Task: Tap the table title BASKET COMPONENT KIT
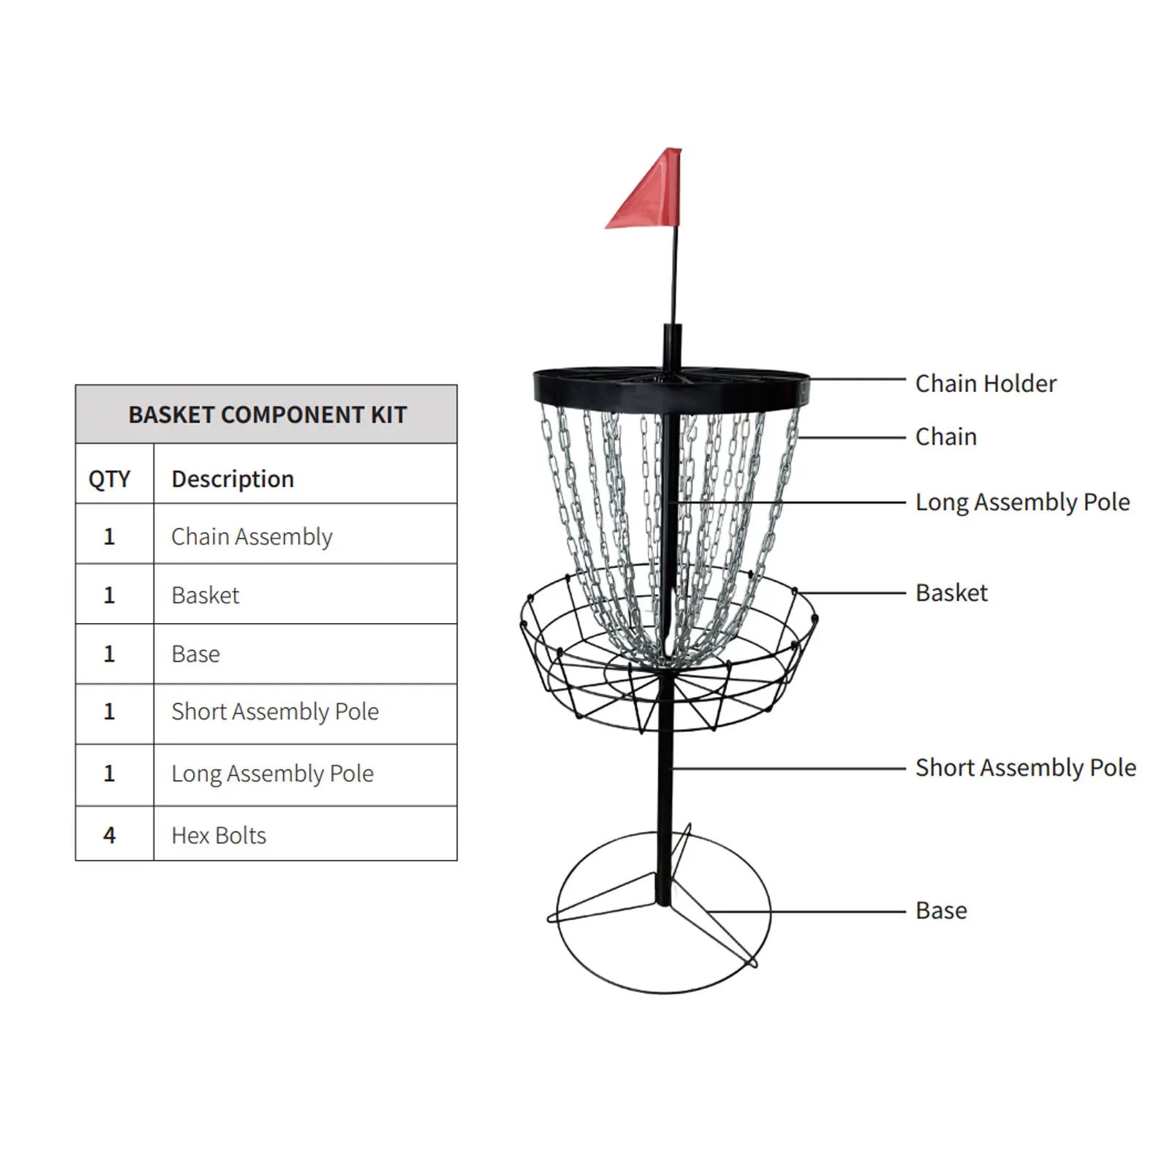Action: click(x=267, y=415)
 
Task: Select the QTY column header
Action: click(x=109, y=479)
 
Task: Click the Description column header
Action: click(x=233, y=479)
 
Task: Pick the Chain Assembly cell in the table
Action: click(x=252, y=537)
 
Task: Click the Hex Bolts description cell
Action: click(x=219, y=835)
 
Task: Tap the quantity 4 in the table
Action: click(x=109, y=835)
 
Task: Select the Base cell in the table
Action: click(x=195, y=654)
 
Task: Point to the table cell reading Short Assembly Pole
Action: click(x=275, y=712)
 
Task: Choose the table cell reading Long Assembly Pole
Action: click(x=272, y=774)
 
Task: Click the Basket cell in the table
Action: click(x=205, y=595)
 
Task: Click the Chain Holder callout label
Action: click(x=986, y=383)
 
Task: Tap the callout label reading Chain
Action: click(x=946, y=437)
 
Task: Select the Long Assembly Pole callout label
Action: click(x=1022, y=502)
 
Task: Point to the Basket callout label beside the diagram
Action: click(x=951, y=592)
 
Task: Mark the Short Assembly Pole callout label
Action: click(x=1025, y=768)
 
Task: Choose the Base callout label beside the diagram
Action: click(x=941, y=910)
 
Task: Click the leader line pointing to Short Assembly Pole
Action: click(x=790, y=769)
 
